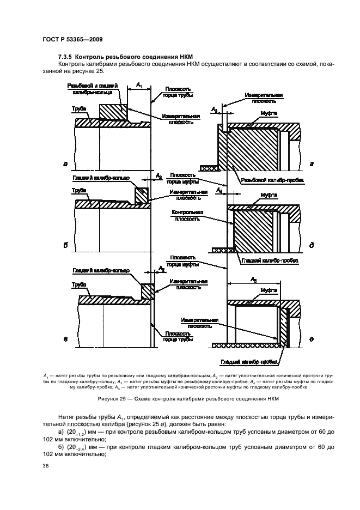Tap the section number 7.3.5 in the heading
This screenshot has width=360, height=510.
click(66, 57)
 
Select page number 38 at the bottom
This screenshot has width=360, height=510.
click(46, 466)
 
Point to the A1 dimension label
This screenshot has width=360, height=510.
click(139, 84)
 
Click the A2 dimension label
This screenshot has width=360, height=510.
click(158, 176)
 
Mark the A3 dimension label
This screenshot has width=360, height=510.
click(215, 111)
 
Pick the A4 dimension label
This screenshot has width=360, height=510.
click(218, 191)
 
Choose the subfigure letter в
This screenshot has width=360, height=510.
click(65, 339)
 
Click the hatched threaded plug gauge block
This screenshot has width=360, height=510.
click(251, 148)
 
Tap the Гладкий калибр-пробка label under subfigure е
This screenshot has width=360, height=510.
click(251, 362)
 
